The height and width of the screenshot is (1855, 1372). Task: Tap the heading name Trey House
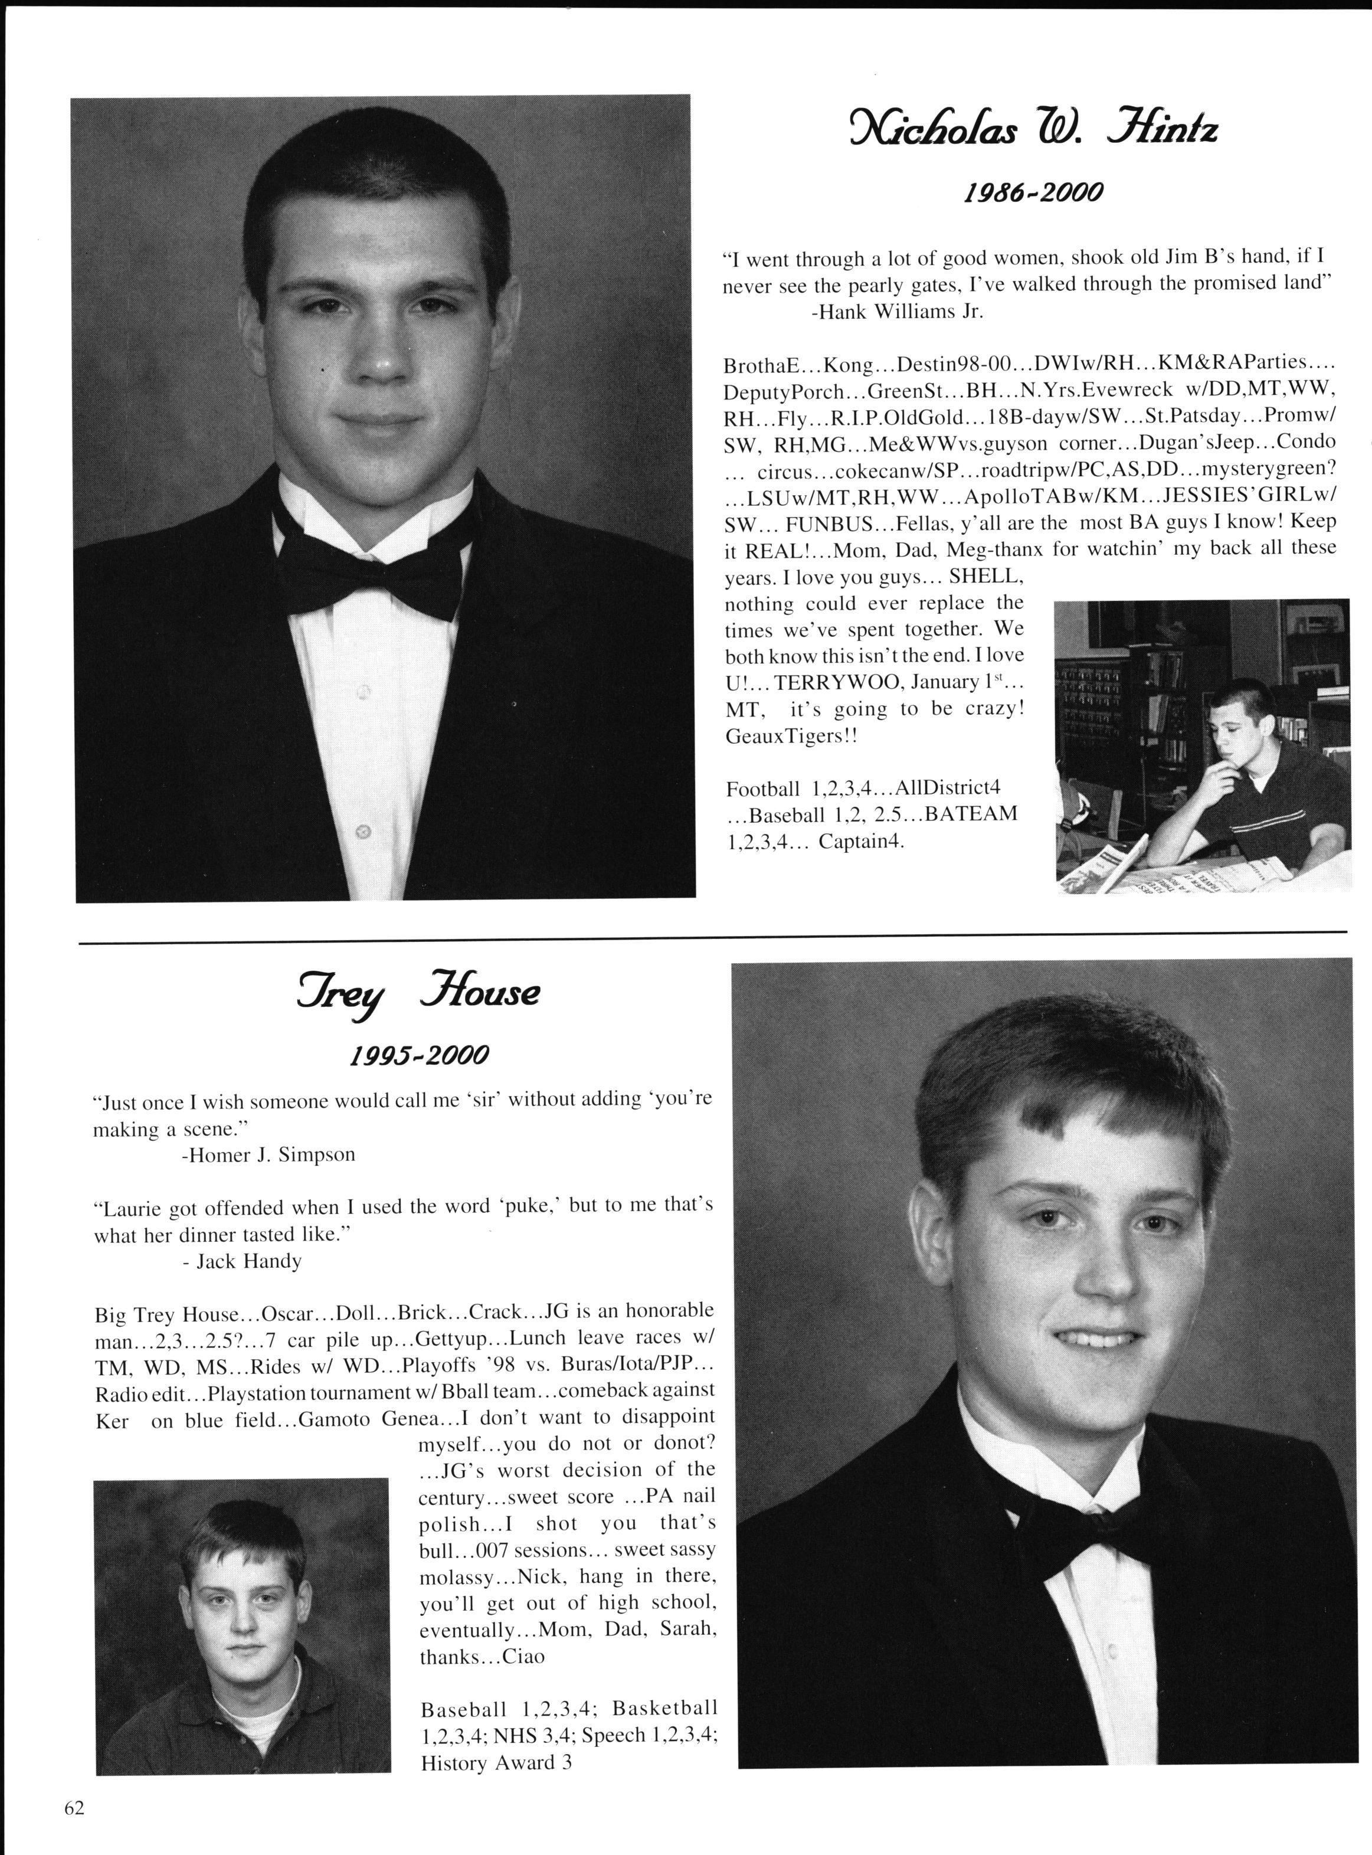418,993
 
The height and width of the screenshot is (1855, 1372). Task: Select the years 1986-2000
1032,194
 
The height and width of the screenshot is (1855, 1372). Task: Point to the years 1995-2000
418,1056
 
